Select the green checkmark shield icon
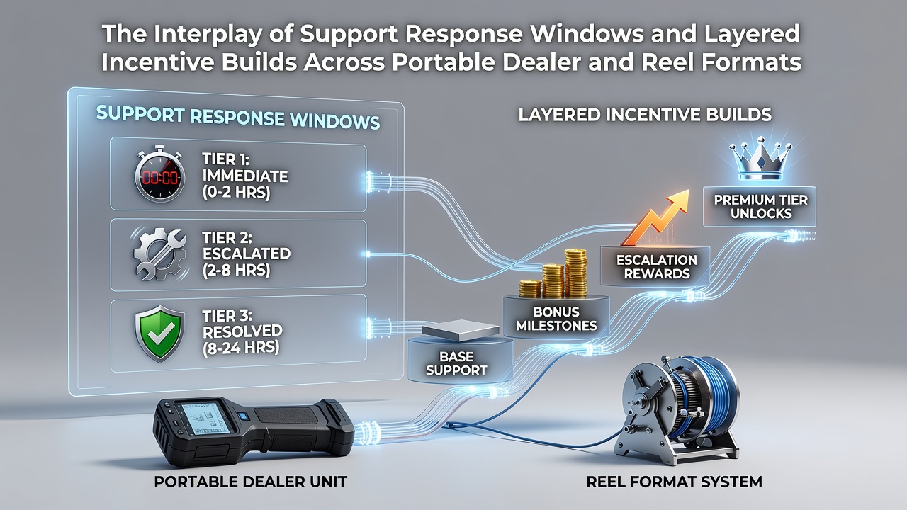[159, 333]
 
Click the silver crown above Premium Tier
[760, 159]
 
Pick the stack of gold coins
[555, 274]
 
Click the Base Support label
[456, 363]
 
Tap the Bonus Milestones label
[556, 319]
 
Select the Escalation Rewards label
[656, 266]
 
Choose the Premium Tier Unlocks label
[761, 206]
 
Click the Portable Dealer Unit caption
[250, 482]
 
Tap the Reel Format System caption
[674, 482]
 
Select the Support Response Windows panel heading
[238, 118]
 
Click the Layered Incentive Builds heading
[645, 115]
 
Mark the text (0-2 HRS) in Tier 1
[236, 192]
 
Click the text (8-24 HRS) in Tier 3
[240, 348]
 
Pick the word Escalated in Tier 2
[246, 254]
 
